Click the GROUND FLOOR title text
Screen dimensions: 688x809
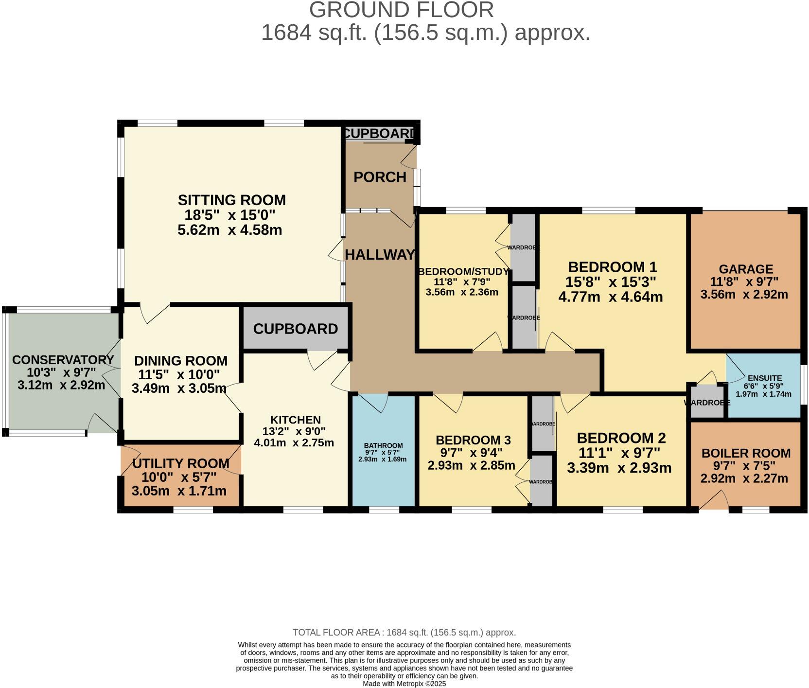[x=401, y=10]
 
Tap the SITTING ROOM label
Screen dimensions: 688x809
[x=231, y=200]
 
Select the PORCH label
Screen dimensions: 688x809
[x=380, y=177]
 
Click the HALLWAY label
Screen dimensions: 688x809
[x=380, y=254]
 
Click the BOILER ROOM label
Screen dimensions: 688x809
[x=746, y=453]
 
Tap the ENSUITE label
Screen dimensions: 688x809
[x=765, y=378]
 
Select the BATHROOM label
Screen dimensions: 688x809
[x=383, y=445]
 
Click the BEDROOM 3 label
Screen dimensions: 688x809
[x=473, y=440]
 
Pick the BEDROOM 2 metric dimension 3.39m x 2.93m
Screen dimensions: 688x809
[x=619, y=468]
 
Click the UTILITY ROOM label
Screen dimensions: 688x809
[x=181, y=463]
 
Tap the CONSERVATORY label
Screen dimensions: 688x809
[x=63, y=360]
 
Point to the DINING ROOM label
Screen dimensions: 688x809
[x=180, y=361]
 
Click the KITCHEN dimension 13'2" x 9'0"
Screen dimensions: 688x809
[x=294, y=431]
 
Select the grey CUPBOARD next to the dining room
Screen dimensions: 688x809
[x=295, y=329]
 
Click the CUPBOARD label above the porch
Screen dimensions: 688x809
[x=379, y=134]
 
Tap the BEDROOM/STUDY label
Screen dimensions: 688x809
[x=463, y=271]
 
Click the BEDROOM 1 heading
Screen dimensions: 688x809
[x=612, y=267]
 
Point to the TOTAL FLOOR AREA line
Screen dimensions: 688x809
[x=404, y=632]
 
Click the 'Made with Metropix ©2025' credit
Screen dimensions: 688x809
[x=404, y=683]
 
